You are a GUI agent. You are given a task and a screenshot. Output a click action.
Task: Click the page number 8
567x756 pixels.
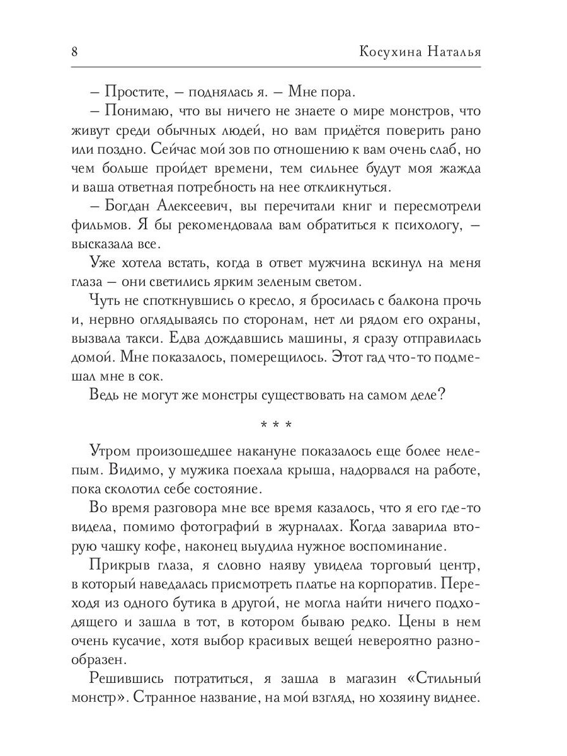tap(75, 52)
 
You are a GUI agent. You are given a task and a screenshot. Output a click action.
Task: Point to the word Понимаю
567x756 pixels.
tap(133, 112)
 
